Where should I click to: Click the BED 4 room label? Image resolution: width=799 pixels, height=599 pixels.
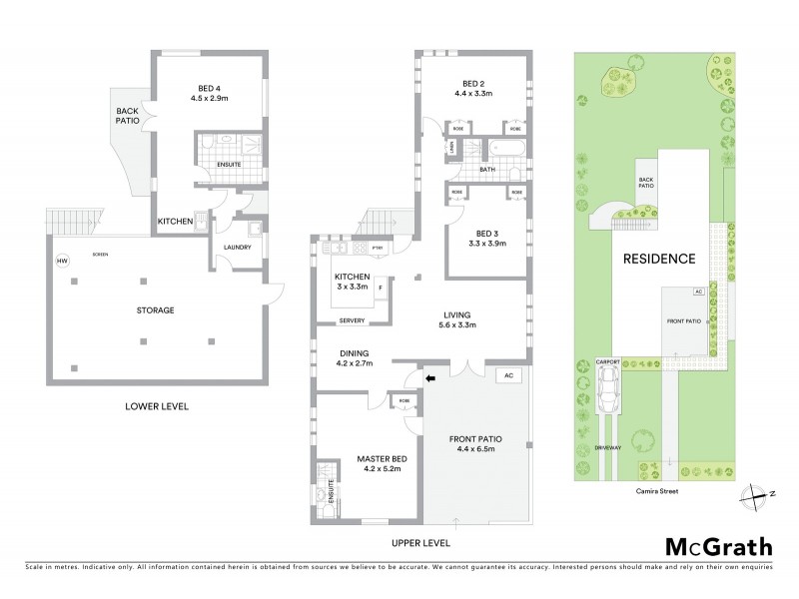coord(210,86)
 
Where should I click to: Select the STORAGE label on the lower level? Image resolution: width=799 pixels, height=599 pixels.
coord(157,310)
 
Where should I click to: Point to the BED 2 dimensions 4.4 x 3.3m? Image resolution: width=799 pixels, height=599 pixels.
coord(475,94)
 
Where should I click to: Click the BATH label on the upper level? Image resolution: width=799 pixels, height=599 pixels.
coord(486,170)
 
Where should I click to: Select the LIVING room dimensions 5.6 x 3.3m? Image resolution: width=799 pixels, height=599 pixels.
coord(460,325)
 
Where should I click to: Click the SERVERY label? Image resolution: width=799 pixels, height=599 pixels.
coord(351,320)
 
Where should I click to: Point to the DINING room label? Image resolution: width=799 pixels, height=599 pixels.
coord(354,352)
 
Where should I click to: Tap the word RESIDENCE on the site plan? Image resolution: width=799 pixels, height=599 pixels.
coord(659,259)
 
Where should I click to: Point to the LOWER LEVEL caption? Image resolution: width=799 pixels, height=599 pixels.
coord(157,406)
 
